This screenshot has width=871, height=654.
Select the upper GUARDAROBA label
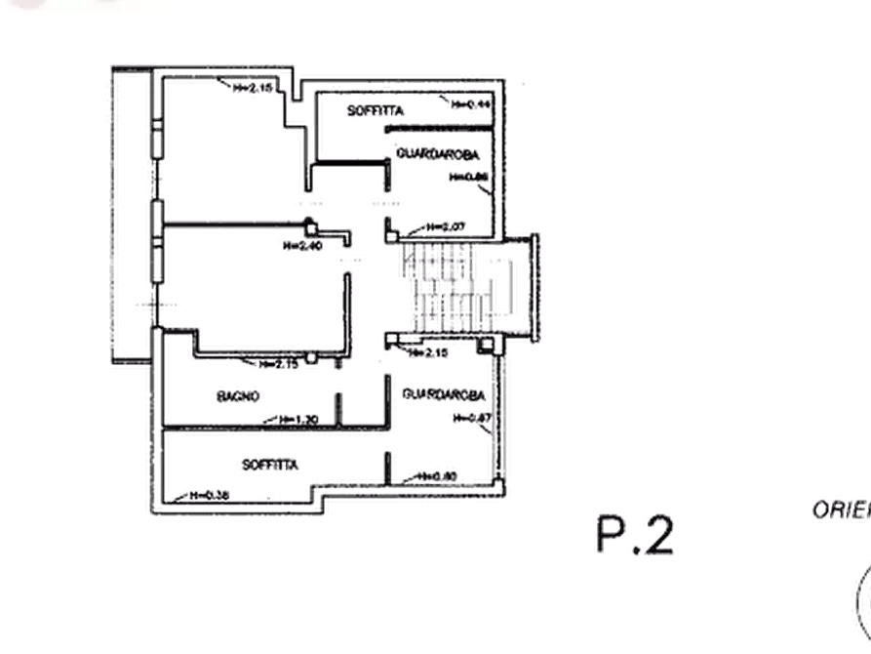(x=438, y=155)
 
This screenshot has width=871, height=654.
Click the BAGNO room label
(x=240, y=396)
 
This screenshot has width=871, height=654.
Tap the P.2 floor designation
(x=632, y=535)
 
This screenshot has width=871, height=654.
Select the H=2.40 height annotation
(x=304, y=246)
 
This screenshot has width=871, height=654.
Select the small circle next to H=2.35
(x=311, y=360)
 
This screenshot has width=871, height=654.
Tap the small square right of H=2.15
(x=484, y=345)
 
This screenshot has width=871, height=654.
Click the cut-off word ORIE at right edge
(x=838, y=509)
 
